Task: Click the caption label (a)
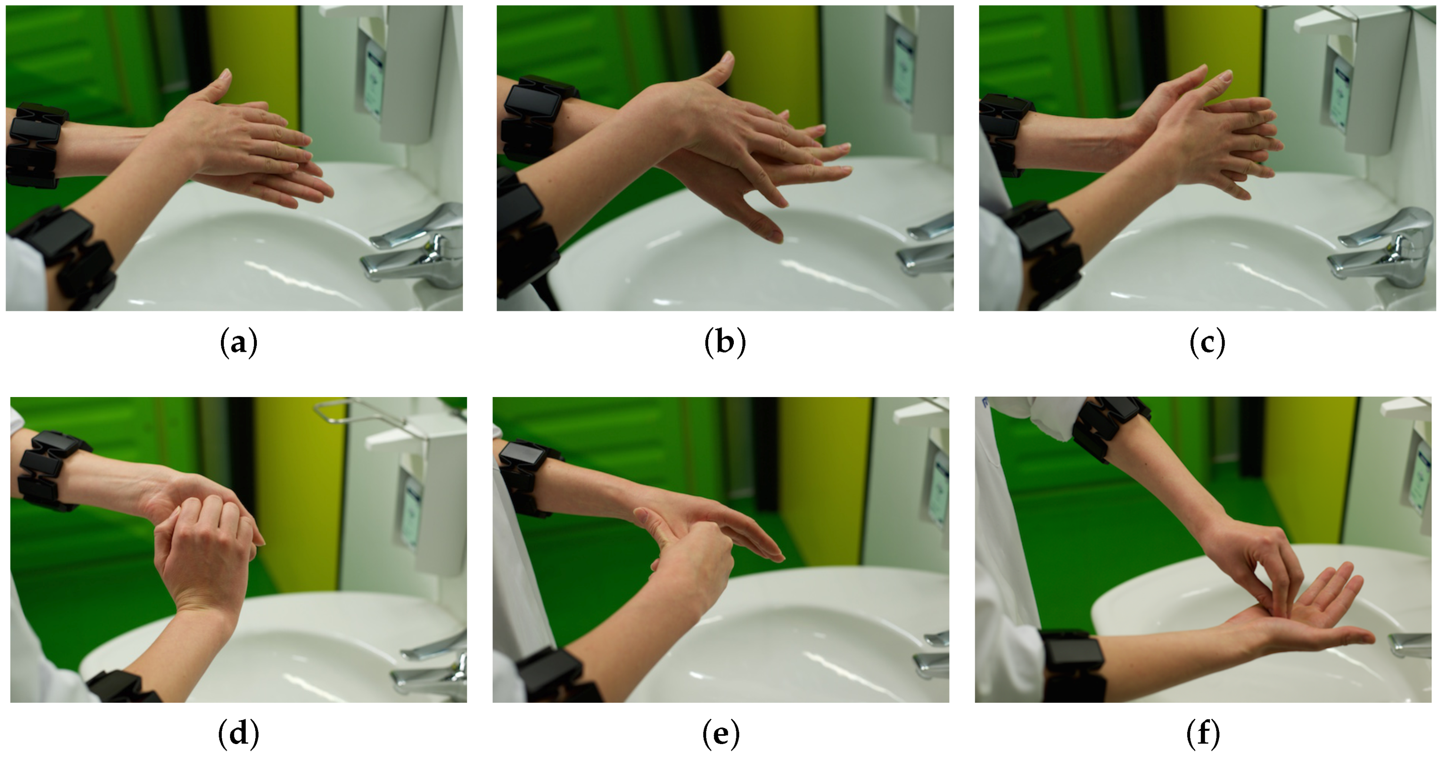pos(239,342)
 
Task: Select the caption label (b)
pos(725,342)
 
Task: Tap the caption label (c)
pos(1207,342)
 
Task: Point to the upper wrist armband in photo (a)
pos(35,144)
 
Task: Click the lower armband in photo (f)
pos(1072,666)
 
